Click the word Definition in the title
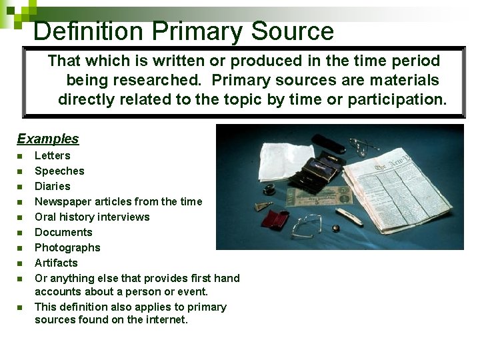88,31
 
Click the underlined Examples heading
47,139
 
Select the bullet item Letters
52,155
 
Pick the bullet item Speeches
59,171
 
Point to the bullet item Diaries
52,186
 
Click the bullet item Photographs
67,247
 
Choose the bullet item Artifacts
56,263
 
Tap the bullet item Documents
63,232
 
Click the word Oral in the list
45,217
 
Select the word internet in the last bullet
165,319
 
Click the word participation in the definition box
405,99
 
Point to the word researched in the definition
143,80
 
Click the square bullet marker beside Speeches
20,171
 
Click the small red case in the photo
274,219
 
